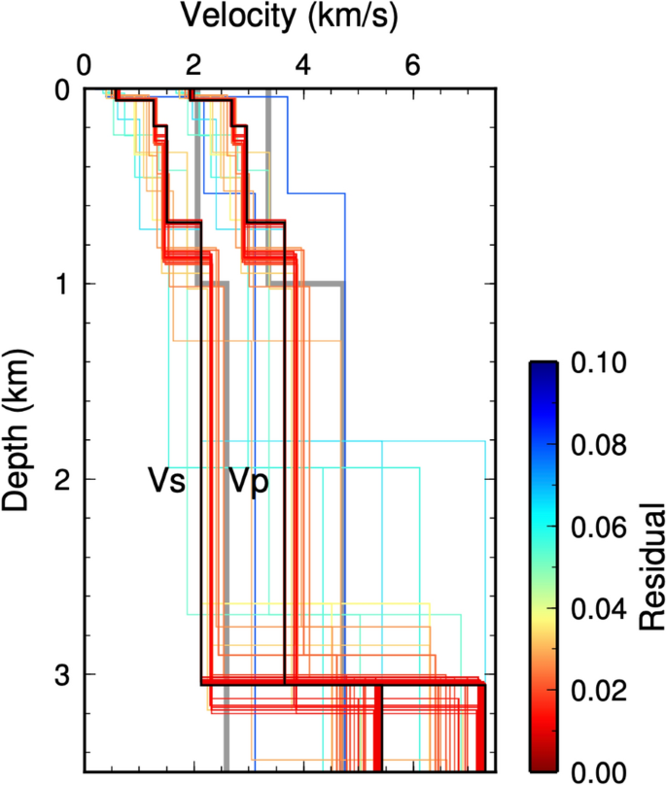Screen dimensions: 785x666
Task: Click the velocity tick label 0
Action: [x=86, y=67]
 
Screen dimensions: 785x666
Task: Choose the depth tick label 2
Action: [x=60, y=479]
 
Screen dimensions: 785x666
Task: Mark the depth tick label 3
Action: [x=60, y=674]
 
